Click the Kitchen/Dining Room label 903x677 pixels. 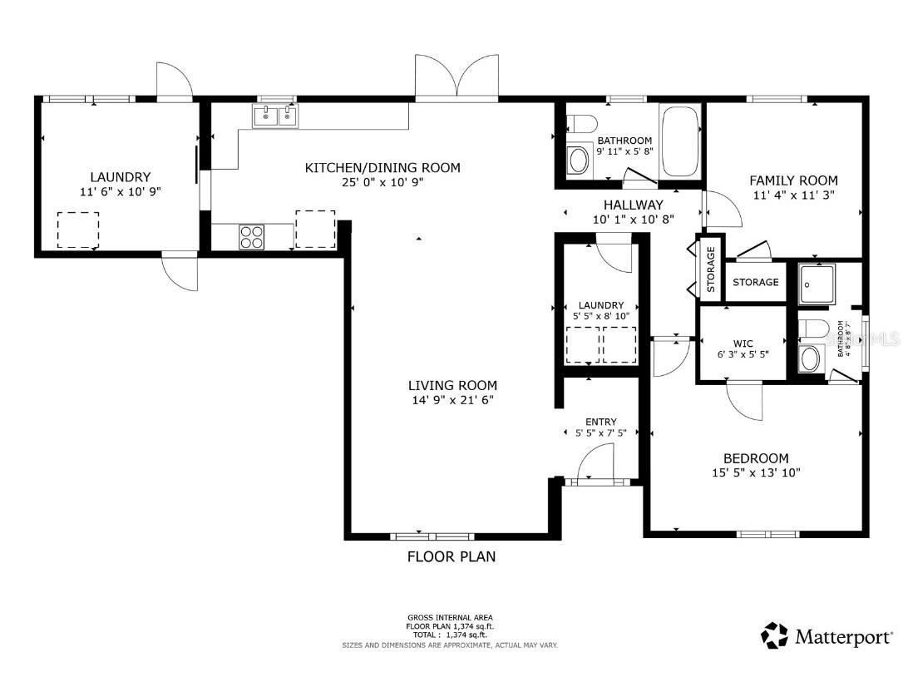point(382,168)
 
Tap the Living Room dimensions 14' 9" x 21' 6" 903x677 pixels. point(452,400)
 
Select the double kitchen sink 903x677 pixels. point(275,116)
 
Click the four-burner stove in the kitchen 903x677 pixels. point(251,237)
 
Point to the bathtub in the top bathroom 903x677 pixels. point(681,141)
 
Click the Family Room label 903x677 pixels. point(793,180)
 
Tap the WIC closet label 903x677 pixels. point(743,342)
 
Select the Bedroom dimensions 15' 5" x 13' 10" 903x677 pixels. point(755,472)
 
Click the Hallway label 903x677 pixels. point(633,205)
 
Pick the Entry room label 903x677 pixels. point(600,422)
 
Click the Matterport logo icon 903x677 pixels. point(774,636)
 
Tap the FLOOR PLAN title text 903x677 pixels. point(451,556)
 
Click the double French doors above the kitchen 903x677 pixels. point(456,78)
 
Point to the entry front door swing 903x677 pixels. point(596,462)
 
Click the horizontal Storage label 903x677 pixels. point(755,282)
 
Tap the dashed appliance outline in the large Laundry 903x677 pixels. point(78,230)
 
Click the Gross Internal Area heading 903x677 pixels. point(450,618)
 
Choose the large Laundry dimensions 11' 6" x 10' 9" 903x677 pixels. point(120,191)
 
